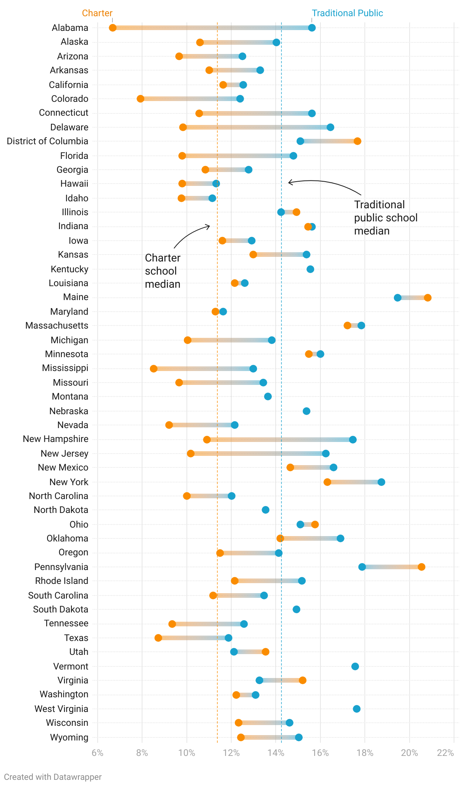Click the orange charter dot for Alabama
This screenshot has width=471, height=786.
click(x=113, y=28)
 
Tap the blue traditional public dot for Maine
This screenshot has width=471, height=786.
click(x=398, y=298)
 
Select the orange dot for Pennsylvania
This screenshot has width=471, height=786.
click(x=422, y=567)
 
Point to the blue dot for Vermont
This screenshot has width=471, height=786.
click(x=355, y=666)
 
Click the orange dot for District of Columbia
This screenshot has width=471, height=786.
click(x=357, y=141)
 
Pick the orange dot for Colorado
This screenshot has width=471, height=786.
click(x=141, y=99)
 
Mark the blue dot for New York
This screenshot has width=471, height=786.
click(x=381, y=482)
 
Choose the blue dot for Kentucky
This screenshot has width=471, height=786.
click(x=310, y=269)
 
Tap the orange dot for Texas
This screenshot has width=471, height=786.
click(x=158, y=638)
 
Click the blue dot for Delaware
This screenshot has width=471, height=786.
click(x=330, y=127)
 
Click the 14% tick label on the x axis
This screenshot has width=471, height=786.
click(x=276, y=753)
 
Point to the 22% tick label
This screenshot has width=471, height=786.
click(x=445, y=753)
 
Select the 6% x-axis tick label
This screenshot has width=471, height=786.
click(x=98, y=753)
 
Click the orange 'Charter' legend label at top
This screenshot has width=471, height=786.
click(x=97, y=13)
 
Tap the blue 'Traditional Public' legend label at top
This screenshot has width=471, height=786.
click(x=347, y=13)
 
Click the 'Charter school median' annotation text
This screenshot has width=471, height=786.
click(x=163, y=271)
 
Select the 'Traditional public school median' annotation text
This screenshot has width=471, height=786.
click(x=386, y=218)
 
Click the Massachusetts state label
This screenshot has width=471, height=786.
click(x=57, y=326)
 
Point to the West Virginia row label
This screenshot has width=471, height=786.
click(x=61, y=709)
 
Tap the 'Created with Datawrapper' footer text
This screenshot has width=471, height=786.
click(x=53, y=777)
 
